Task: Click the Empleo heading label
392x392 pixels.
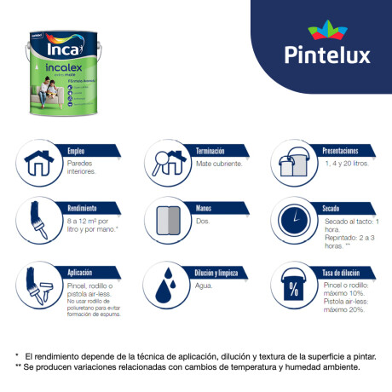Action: click(x=76, y=151)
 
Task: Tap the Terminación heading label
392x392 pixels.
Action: click(x=214, y=151)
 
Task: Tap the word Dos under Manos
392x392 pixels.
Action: click(x=202, y=221)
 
